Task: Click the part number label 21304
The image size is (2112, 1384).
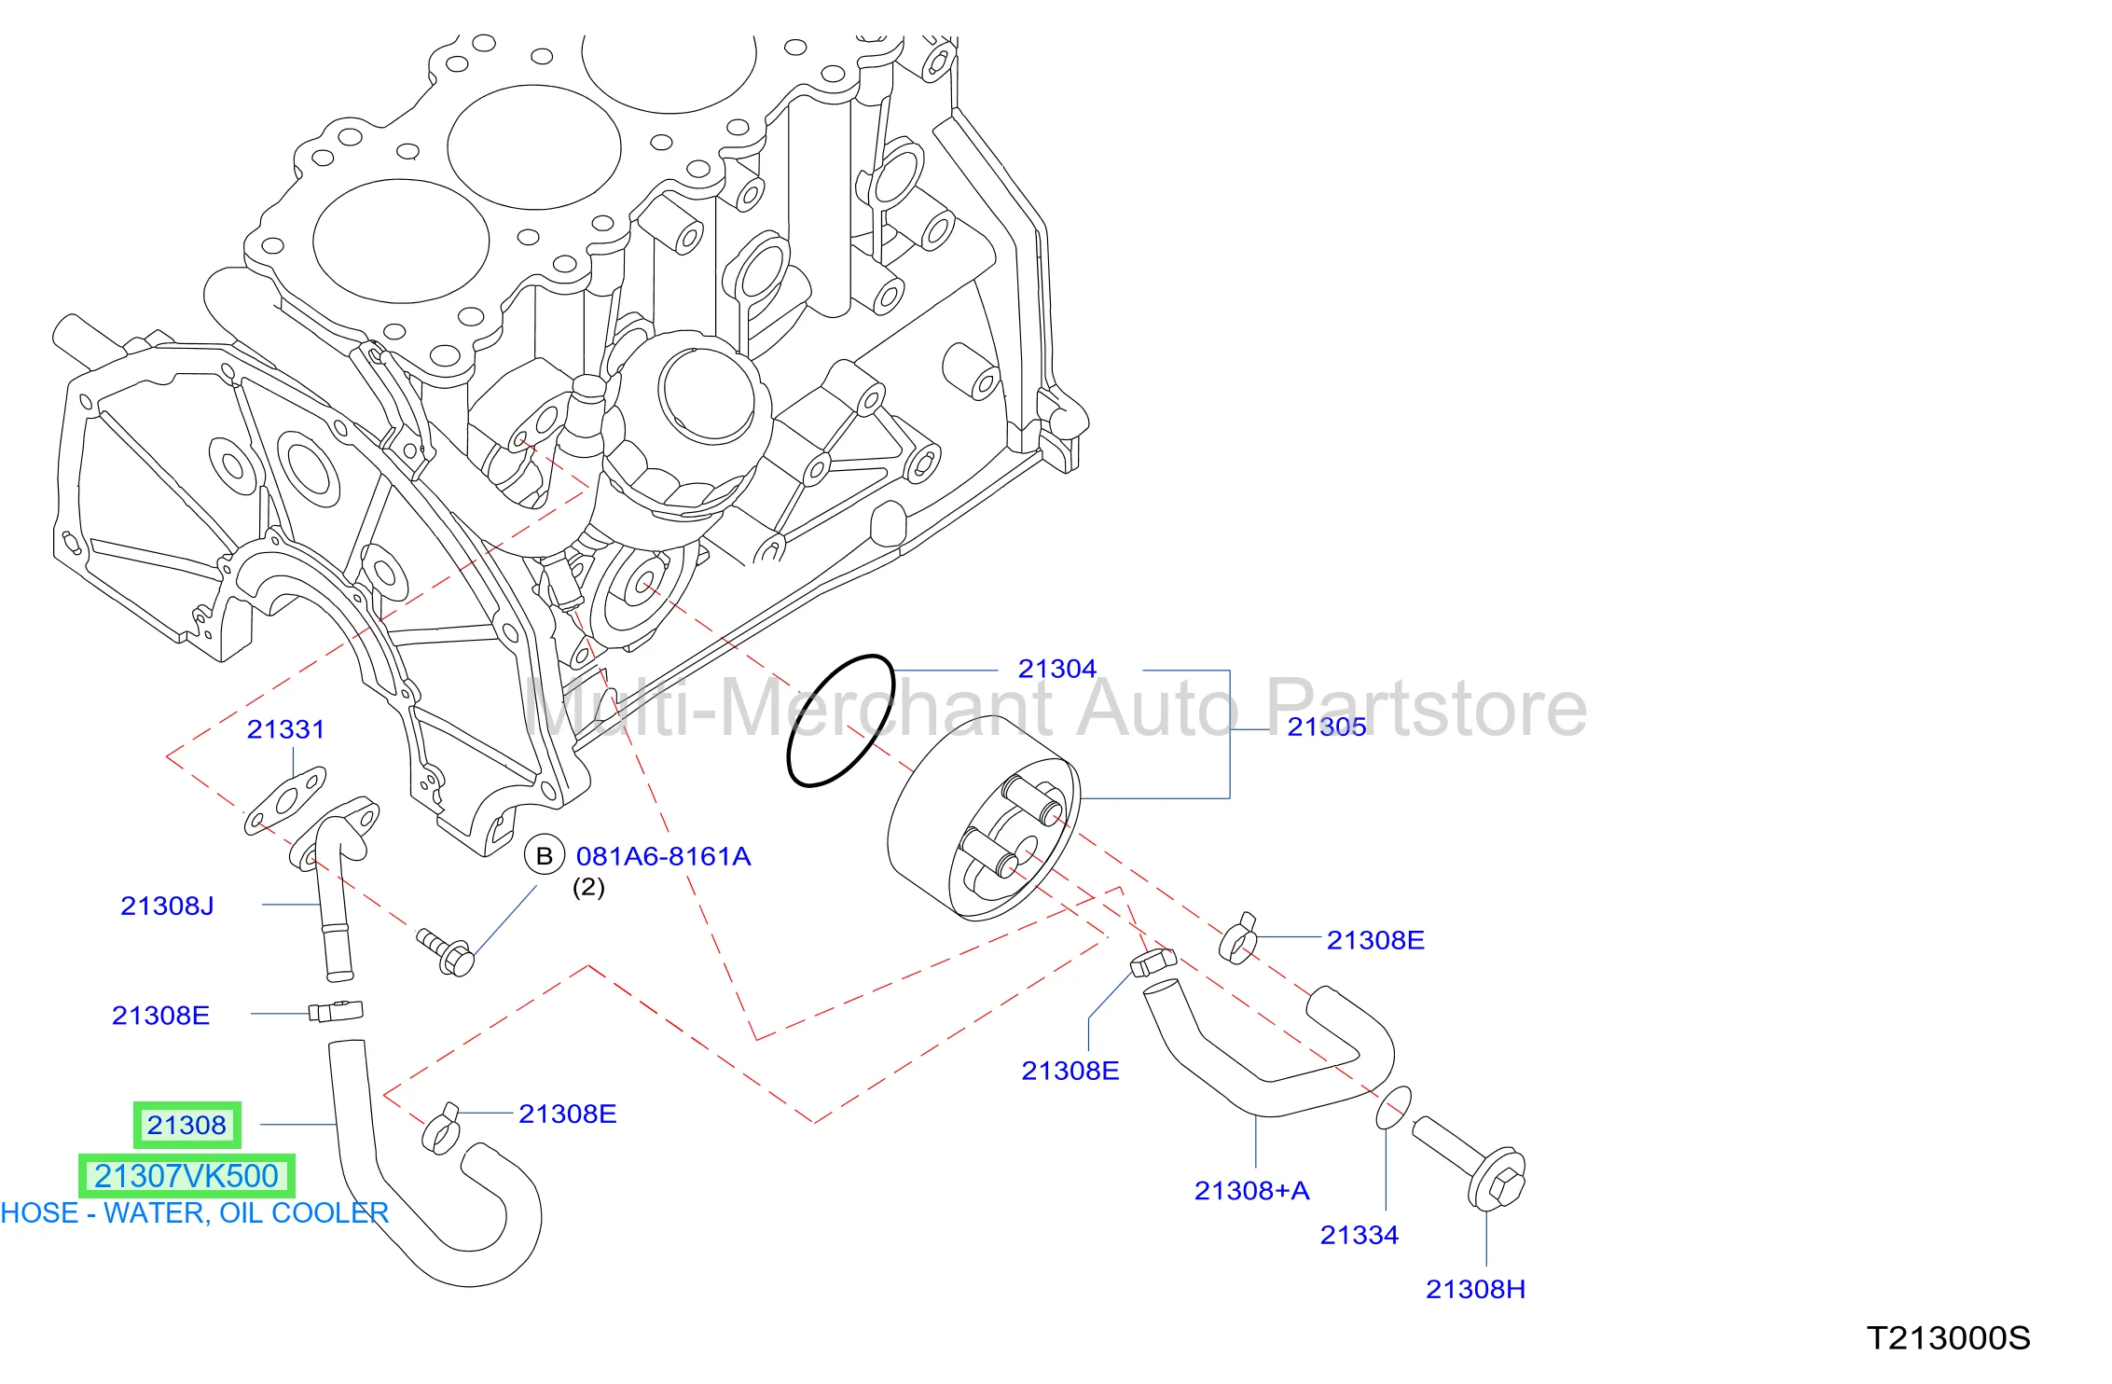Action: coord(1056,669)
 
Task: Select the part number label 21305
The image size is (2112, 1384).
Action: coord(1326,727)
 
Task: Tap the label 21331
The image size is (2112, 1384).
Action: coord(285,729)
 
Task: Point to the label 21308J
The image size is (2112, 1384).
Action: coord(167,906)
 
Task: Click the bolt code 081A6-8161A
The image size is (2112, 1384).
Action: coord(663,856)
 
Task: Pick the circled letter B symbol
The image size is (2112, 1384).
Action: coord(545,855)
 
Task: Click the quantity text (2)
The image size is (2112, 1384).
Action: coord(588,887)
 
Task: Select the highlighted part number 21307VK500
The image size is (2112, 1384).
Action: coord(186,1176)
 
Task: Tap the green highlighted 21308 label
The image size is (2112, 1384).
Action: coord(186,1125)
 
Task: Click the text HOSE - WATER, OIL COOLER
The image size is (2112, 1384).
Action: coord(194,1213)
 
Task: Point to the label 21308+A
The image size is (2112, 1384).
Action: coord(1251,1191)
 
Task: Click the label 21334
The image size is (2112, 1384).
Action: coord(1359,1236)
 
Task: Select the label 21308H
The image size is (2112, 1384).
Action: coord(1475,1289)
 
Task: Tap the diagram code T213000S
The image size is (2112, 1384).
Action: coord(1948,1338)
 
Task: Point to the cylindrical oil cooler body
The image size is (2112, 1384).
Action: coord(983,819)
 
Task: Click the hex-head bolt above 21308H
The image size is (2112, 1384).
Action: coord(1470,1164)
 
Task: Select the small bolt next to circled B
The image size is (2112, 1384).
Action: coord(447,952)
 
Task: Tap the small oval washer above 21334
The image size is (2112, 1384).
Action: coord(1393,1107)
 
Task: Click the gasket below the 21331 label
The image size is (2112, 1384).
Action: coord(285,800)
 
